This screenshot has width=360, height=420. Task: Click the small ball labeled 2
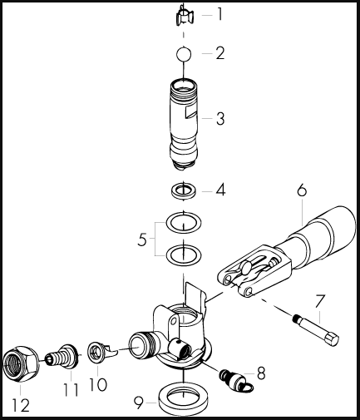coord(184,54)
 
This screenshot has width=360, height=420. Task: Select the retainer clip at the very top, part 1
coord(185,15)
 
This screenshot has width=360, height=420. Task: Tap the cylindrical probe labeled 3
coord(185,121)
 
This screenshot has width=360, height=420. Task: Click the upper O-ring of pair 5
coord(184,224)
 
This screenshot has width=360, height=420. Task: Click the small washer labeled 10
coord(97,353)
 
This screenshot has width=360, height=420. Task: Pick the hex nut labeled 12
coord(22,363)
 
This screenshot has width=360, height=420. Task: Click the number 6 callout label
coord(301,191)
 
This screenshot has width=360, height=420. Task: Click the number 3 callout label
coord(219,118)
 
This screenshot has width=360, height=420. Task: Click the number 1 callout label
coord(219,14)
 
